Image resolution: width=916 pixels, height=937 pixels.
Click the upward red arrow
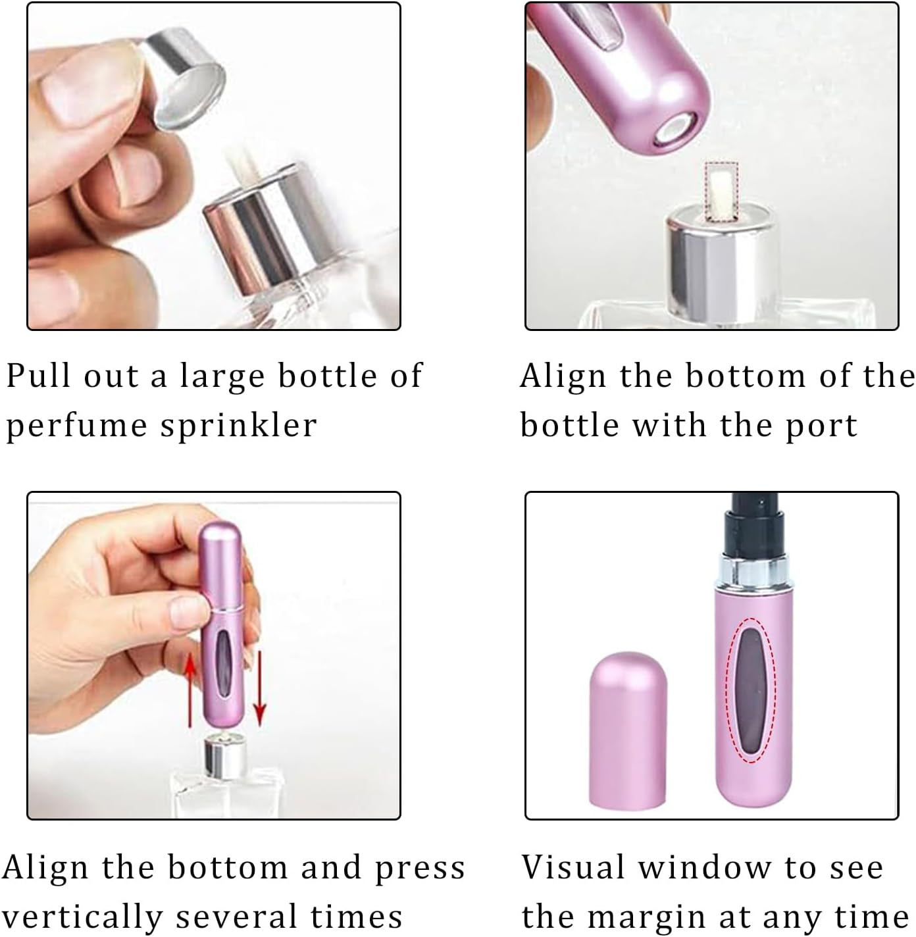tap(191, 691)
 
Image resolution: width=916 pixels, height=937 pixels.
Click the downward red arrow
tap(260, 691)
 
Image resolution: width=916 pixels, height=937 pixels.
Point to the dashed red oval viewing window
tap(754, 690)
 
